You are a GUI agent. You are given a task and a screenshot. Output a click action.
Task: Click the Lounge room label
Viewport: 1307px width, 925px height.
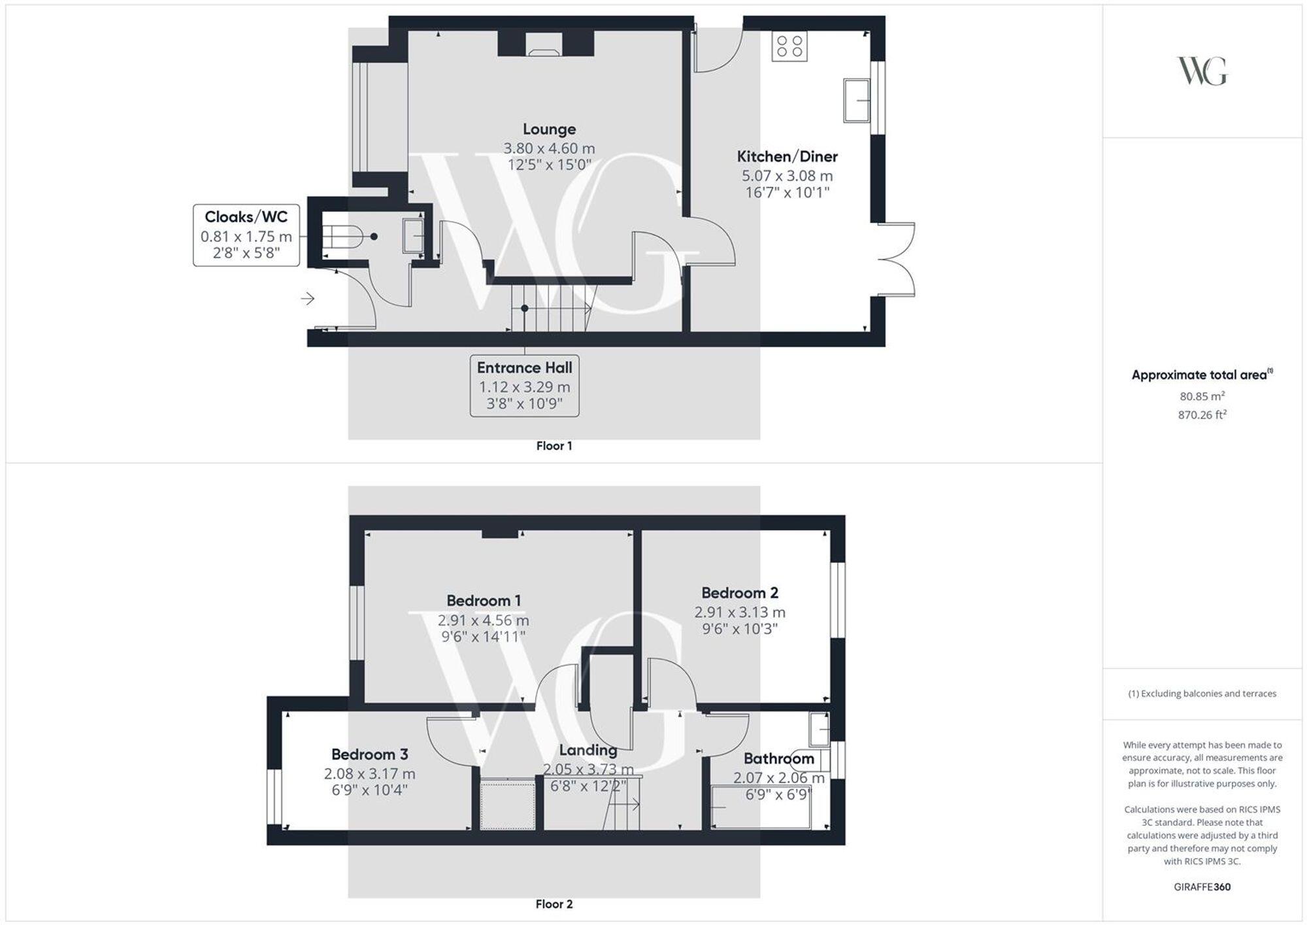[x=549, y=129]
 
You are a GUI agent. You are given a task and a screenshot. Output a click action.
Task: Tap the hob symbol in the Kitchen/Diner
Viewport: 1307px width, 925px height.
[x=789, y=46]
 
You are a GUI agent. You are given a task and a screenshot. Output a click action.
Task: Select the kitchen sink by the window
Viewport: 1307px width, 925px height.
[x=856, y=100]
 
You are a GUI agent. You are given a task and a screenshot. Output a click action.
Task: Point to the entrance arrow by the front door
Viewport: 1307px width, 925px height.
[x=308, y=299]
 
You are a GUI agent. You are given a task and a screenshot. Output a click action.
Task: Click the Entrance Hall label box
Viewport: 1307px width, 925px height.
[x=524, y=386]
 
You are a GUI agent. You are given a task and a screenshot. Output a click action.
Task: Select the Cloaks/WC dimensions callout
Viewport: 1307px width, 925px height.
[x=246, y=235]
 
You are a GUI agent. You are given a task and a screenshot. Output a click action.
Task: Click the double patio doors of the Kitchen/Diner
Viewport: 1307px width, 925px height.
[x=897, y=260]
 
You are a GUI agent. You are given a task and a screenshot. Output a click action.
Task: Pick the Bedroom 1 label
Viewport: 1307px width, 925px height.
[x=484, y=600]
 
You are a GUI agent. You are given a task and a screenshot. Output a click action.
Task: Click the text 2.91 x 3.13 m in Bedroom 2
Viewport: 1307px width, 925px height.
[x=739, y=613]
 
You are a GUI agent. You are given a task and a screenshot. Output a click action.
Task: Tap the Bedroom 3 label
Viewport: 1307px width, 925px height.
[x=369, y=754]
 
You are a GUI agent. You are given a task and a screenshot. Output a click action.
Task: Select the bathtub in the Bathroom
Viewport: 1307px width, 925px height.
[x=760, y=807]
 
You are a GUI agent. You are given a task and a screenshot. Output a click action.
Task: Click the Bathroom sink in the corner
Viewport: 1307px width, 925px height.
[x=819, y=729]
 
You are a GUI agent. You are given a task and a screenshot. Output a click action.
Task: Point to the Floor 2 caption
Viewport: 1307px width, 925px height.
[x=554, y=904]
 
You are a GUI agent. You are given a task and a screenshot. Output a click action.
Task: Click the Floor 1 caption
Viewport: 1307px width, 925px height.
[x=554, y=446]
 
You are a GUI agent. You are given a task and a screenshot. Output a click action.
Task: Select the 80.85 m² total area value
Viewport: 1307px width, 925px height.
[x=1202, y=396]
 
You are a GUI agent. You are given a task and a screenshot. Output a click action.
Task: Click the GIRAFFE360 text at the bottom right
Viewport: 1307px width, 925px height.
[x=1202, y=887]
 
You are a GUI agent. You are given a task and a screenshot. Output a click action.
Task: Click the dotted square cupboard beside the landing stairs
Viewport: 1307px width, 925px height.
[x=507, y=804]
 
